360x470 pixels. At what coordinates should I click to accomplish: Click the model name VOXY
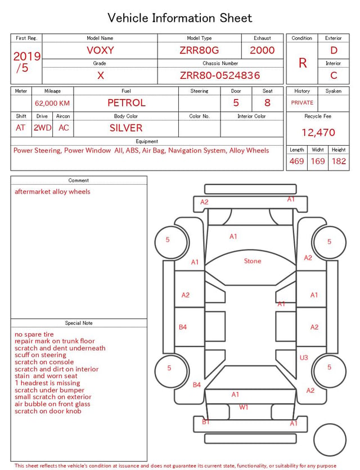click(x=100, y=50)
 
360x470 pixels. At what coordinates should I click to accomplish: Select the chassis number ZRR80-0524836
click(x=220, y=75)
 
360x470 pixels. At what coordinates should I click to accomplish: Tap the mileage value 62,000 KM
click(x=52, y=103)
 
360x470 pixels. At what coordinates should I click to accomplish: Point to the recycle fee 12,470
click(x=318, y=132)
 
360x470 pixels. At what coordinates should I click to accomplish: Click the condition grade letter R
click(x=303, y=63)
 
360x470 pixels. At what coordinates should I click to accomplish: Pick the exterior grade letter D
click(x=334, y=50)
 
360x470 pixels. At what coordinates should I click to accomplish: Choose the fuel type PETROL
click(x=127, y=103)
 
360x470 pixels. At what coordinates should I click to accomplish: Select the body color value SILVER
click(x=126, y=128)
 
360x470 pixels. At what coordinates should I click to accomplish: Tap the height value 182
click(x=339, y=161)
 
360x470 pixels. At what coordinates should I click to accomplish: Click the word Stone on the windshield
click(x=253, y=261)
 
